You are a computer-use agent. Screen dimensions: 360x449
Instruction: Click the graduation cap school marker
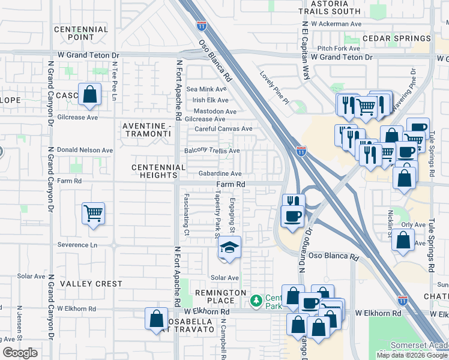point(229,247)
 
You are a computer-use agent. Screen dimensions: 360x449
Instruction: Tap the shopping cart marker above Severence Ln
point(94,213)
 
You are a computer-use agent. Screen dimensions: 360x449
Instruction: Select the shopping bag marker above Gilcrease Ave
point(89,95)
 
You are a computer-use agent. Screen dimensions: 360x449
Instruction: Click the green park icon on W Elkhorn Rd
point(256,299)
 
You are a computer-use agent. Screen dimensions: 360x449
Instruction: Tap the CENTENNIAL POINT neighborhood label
point(81,33)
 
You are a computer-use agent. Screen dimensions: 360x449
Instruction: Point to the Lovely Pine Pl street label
point(274,88)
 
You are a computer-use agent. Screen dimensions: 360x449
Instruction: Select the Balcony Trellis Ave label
point(212,151)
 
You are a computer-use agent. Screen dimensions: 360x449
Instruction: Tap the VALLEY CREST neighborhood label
point(91,284)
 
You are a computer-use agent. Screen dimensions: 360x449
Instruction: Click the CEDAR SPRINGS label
point(395,38)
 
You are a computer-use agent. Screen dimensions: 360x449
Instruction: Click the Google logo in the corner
point(20,353)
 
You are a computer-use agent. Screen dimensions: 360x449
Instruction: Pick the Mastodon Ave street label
point(214,111)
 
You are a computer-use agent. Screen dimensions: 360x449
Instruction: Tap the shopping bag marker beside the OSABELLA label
point(156,318)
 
